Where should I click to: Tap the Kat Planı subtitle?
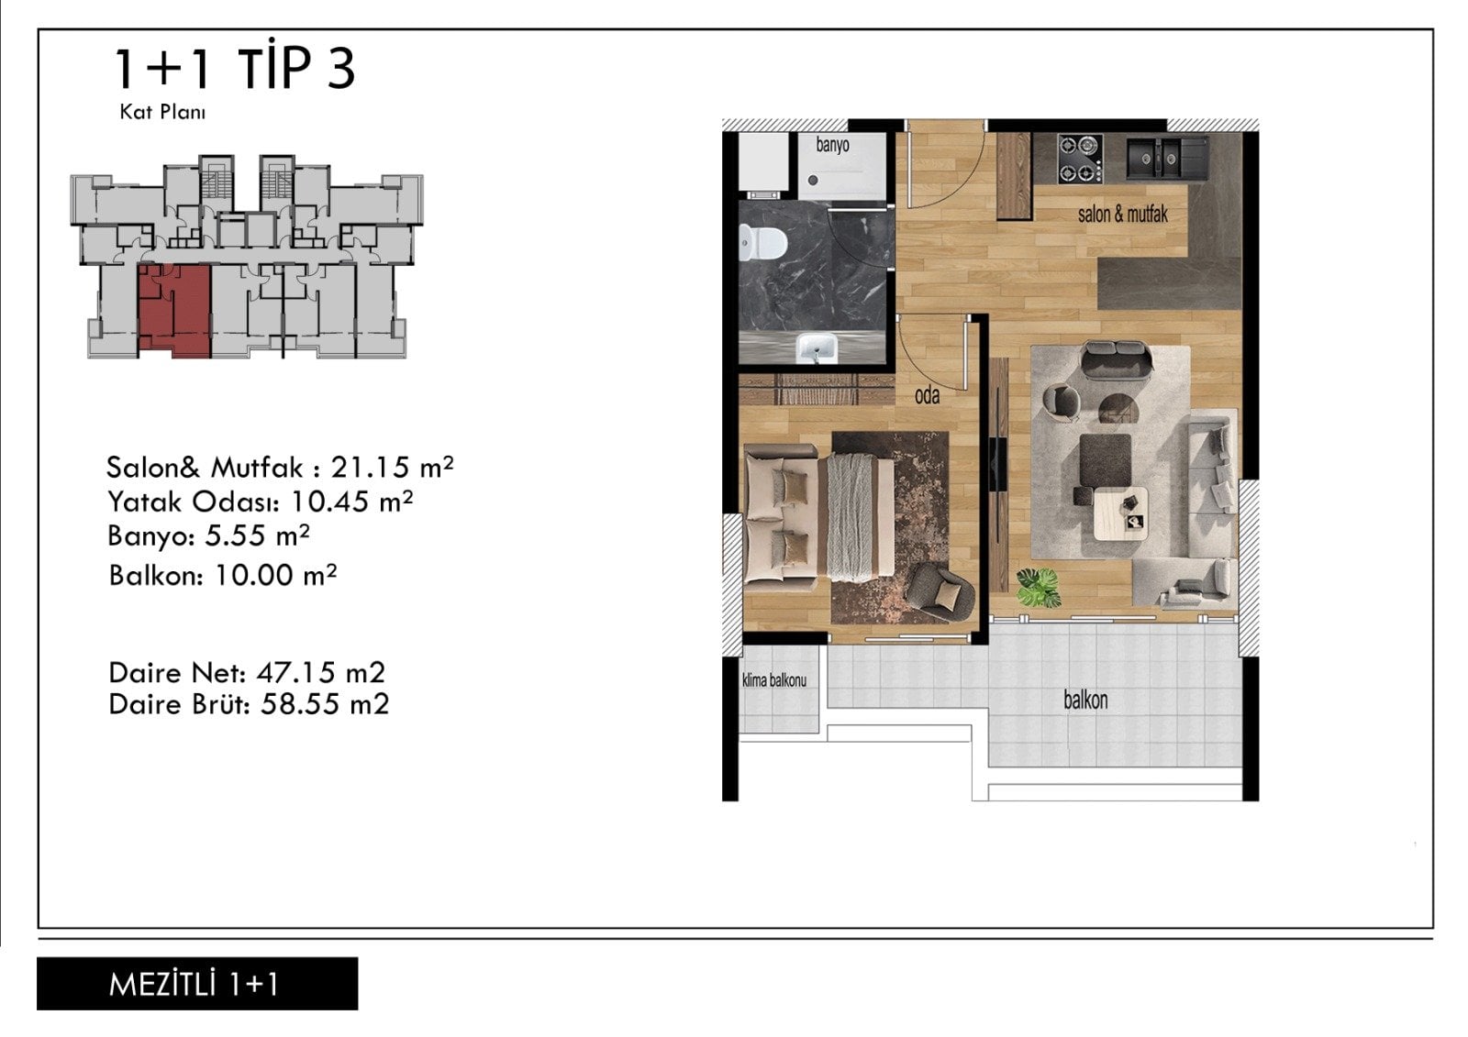[x=162, y=112]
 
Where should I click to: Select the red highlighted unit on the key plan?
[x=175, y=311]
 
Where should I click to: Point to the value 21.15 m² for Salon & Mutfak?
[x=392, y=467]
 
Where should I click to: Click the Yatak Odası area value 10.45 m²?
[x=352, y=502]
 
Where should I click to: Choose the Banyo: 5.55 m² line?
[x=208, y=535]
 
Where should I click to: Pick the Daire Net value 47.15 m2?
[x=320, y=672]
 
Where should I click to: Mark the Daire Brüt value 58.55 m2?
[x=325, y=704]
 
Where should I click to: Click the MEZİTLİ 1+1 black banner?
[x=197, y=983]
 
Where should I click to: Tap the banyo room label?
[x=832, y=145]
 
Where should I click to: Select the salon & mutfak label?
[x=1123, y=215]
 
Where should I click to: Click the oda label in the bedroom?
[x=927, y=396]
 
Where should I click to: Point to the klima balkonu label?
[x=774, y=680]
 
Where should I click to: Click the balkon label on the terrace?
[x=1085, y=701]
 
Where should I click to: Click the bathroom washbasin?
[x=817, y=348]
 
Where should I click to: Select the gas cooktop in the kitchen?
[x=1080, y=159]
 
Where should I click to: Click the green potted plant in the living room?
[x=1038, y=587]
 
